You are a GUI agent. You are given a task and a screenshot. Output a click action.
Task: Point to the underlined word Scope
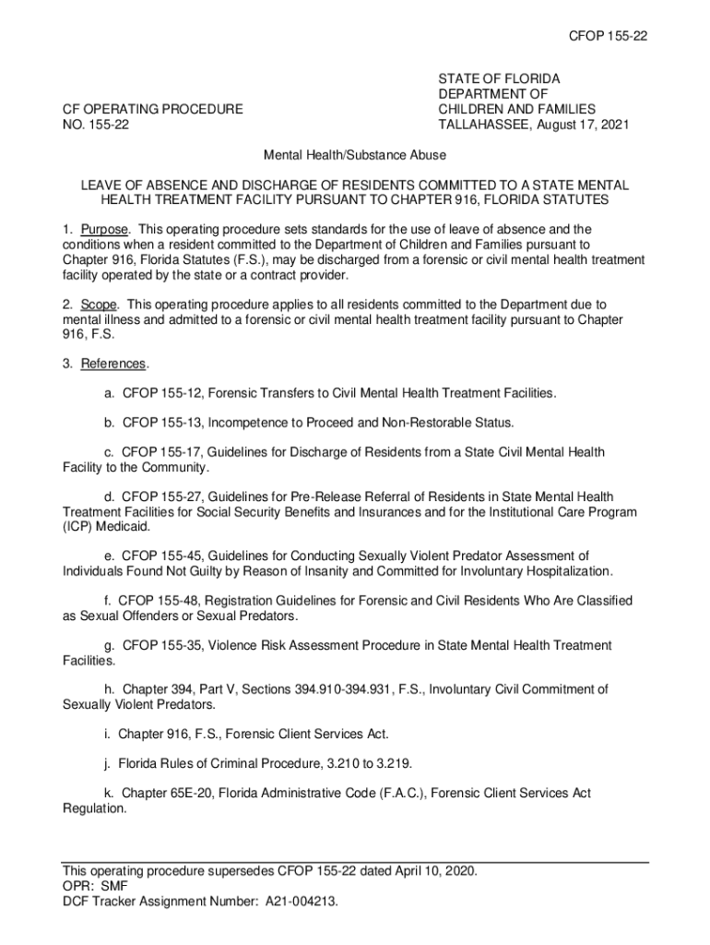(98, 304)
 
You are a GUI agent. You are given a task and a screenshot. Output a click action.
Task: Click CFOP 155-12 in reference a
(161, 393)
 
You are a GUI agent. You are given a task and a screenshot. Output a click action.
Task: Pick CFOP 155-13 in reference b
(161, 423)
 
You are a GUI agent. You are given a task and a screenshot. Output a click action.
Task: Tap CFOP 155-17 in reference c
(161, 452)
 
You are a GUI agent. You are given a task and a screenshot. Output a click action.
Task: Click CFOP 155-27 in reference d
(161, 497)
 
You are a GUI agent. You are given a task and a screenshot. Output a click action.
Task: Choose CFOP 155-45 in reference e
(161, 556)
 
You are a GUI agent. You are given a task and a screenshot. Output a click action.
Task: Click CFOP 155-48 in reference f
(158, 601)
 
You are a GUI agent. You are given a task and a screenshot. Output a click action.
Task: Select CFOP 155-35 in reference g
(161, 646)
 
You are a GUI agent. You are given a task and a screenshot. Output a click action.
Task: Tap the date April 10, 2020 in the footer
(431, 871)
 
